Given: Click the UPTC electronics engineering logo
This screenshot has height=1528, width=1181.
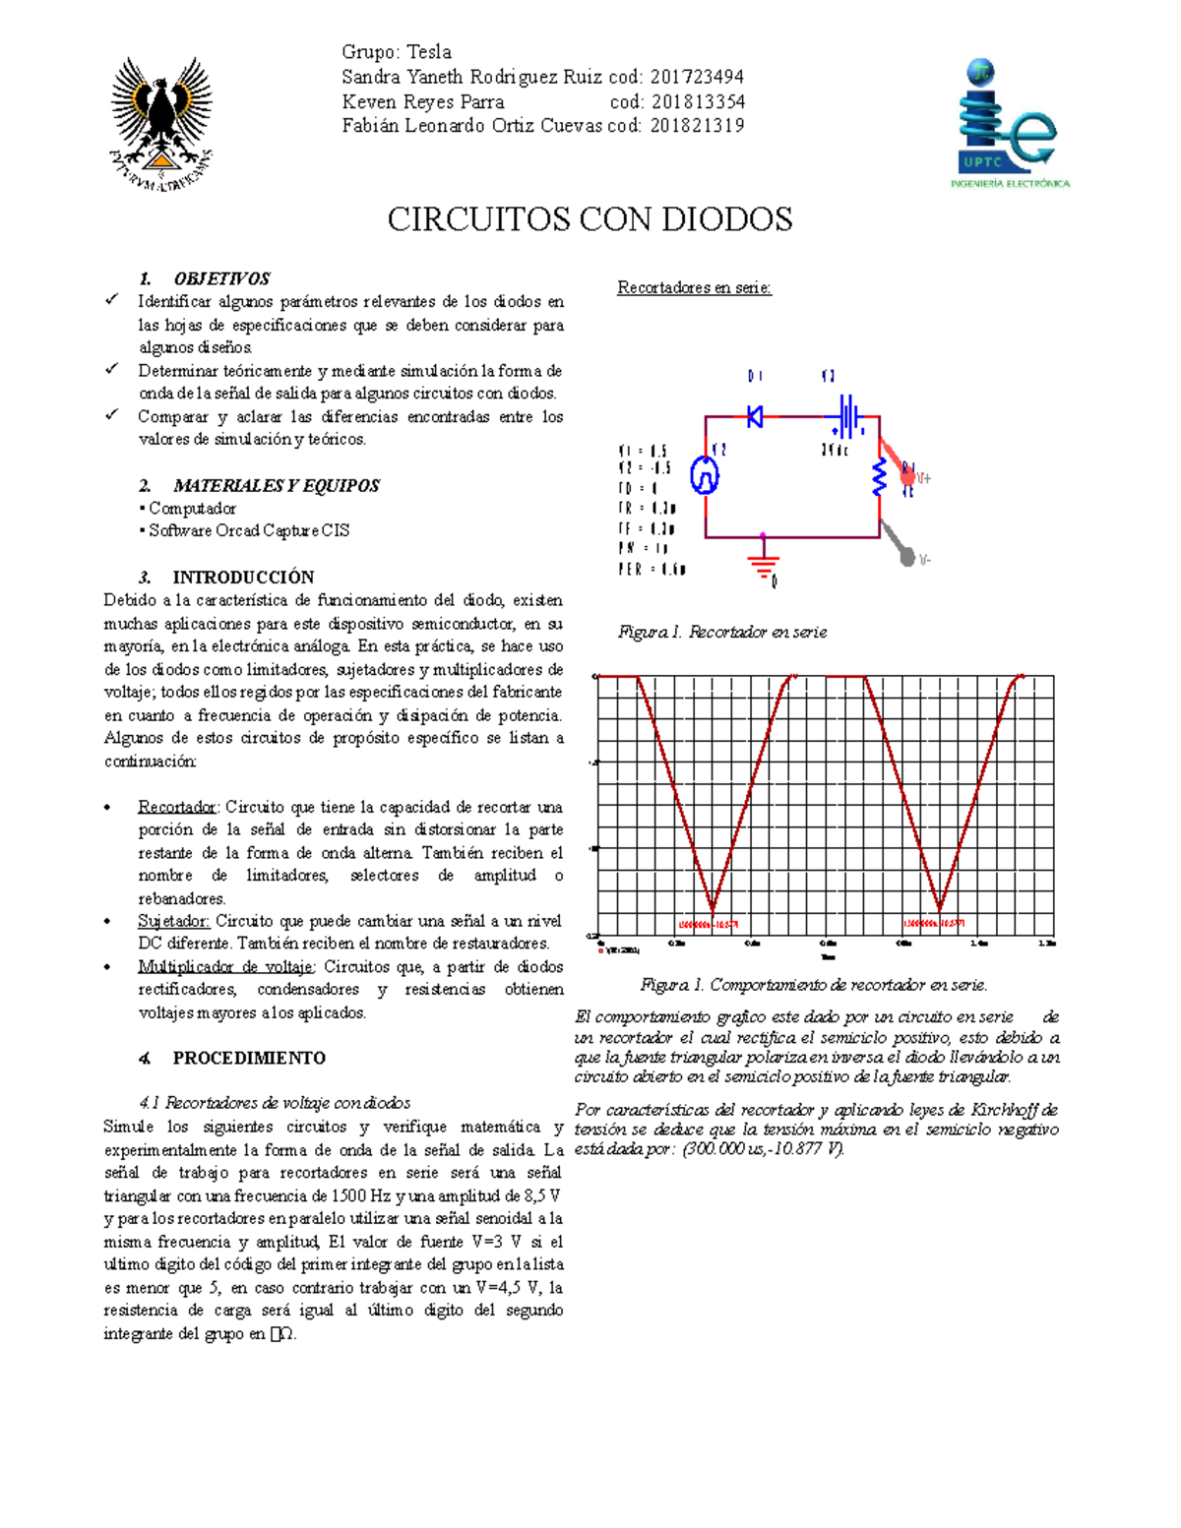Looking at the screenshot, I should point(1009,124).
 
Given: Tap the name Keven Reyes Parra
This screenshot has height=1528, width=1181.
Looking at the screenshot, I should point(422,101).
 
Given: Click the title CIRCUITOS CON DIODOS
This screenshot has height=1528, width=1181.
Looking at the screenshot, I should point(590,219).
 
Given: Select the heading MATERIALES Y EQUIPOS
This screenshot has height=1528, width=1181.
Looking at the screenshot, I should point(276,485).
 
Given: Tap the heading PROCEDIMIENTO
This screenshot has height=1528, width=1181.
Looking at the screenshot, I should point(248,1058).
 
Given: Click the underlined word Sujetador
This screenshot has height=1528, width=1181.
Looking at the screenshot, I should point(173,921).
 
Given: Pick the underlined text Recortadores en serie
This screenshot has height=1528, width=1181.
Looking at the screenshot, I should point(694,287).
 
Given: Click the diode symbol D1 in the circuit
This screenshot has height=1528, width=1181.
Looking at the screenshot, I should point(755,416).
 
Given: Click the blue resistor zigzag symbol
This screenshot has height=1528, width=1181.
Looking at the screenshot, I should point(880,478).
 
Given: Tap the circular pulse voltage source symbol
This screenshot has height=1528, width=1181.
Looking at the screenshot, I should point(705,475).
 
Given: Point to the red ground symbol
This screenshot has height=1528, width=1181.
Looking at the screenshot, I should point(763,564).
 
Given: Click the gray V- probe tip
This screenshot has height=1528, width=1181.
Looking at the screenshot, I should point(907,557).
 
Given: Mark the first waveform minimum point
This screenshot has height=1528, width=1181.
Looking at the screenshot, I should point(714,910).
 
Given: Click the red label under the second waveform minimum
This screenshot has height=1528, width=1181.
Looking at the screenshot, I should point(934,924).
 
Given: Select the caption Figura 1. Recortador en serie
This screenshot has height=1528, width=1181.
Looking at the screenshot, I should point(721,632).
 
